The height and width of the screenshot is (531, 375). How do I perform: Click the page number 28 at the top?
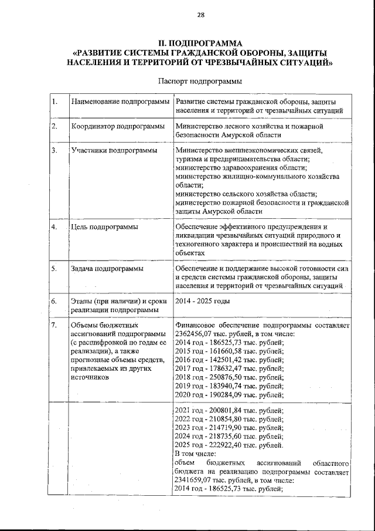point(200,15)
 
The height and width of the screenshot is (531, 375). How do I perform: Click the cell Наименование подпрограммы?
point(120,103)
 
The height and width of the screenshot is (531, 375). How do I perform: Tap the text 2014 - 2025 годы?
point(202,301)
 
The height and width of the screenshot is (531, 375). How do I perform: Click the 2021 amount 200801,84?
point(223,410)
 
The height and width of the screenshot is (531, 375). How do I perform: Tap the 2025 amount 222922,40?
point(223,445)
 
